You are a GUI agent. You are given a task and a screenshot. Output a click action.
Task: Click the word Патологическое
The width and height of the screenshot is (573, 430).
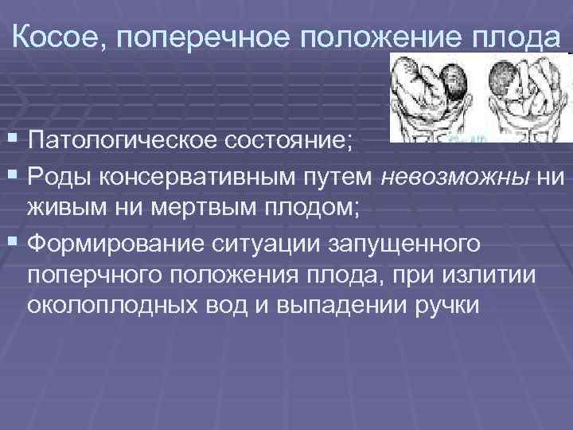pyautogui.click(x=119, y=141)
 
